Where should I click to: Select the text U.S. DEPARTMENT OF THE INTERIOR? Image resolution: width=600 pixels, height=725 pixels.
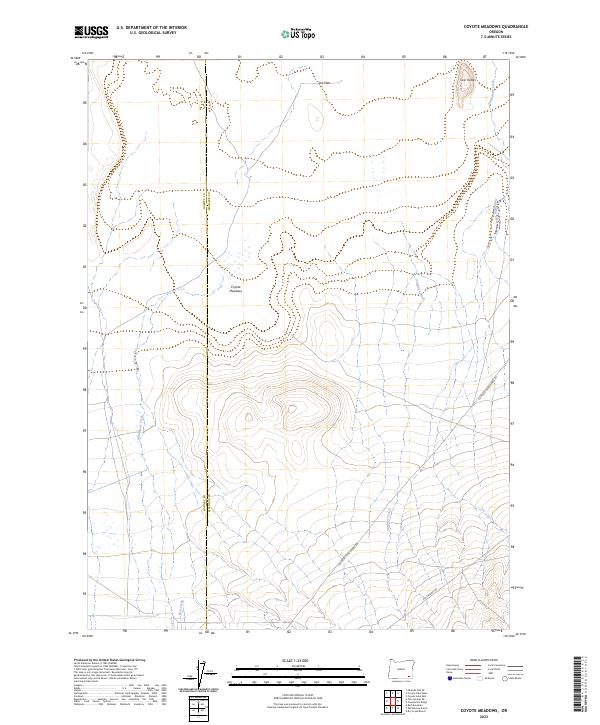pyautogui.click(x=147, y=28)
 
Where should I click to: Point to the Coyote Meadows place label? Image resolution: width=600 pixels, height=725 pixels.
pyautogui.click(x=236, y=288)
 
